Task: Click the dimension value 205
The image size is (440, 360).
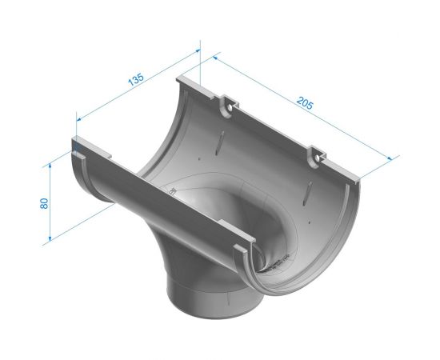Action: [x=304, y=103]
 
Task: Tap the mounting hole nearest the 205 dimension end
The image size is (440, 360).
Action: [x=318, y=158]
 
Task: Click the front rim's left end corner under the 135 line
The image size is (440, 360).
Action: [x=76, y=147]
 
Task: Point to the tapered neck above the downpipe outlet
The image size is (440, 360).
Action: [x=192, y=256]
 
